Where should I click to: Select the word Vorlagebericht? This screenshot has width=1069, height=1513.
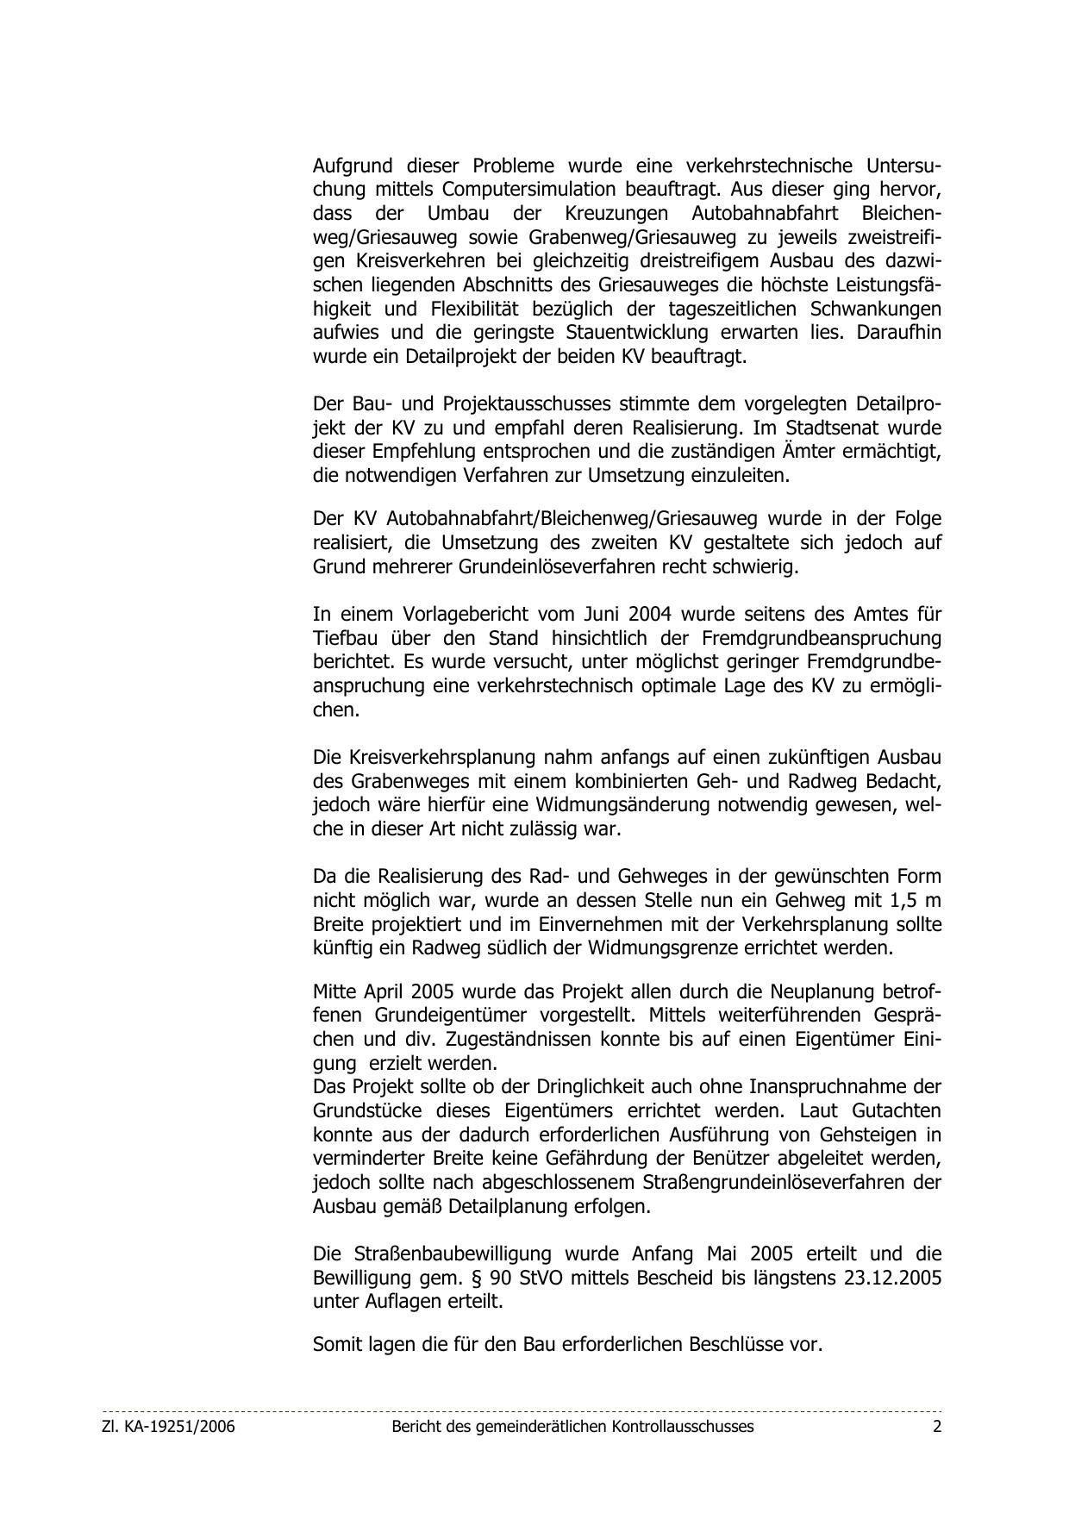pyautogui.click(x=465, y=615)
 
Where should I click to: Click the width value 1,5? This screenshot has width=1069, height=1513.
pyautogui.click(x=901, y=901)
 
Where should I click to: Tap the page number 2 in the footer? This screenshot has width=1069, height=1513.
pyautogui.click(x=936, y=1427)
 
